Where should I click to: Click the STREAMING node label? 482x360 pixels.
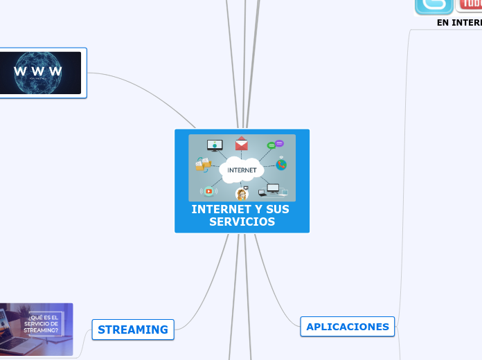click(x=132, y=330)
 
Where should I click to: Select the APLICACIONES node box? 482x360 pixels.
click(x=347, y=327)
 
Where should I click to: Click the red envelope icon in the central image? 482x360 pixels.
click(x=241, y=144)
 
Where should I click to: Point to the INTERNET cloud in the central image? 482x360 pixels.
click(x=242, y=170)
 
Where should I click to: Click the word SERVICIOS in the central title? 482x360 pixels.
click(x=242, y=222)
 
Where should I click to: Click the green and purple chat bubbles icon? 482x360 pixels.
click(x=276, y=145)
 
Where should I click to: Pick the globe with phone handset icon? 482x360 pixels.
click(x=280, y=164)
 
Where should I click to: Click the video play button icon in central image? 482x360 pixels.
click(x=208, y=191)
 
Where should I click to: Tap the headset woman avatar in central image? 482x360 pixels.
click(x=242, y=194)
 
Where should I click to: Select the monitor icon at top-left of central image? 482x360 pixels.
click(x=215, y=145)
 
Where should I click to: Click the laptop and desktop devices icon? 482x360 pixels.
click(x=272, y=190)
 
